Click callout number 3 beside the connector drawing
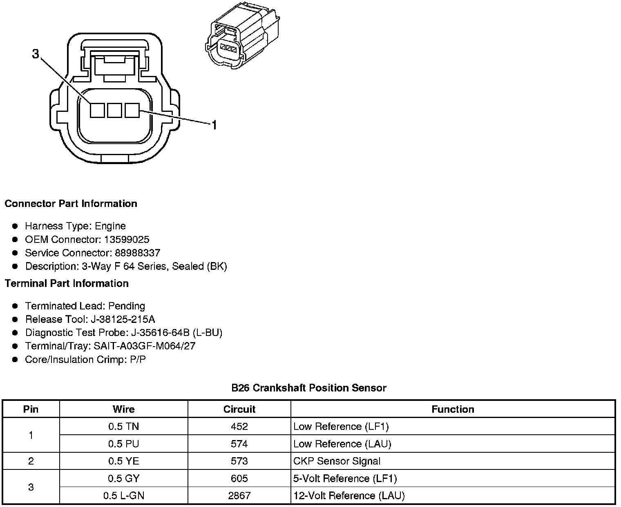(36, 54)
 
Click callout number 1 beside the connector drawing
(213, 125)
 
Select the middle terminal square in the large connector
(114, 110)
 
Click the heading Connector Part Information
(71, 204)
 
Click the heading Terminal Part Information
(67, 283)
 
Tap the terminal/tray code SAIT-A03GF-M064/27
(144, 346)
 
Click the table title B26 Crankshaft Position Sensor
(309, 388)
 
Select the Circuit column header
(239, 409)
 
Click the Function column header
(453, 409)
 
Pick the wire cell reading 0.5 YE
(123, 461)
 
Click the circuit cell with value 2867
(239, 496)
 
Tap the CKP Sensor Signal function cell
(337, 461)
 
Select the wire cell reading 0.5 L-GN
(123, 496)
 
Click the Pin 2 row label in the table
(31, 461)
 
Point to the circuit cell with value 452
(239, 427)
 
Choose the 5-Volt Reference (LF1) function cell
(345, 478)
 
